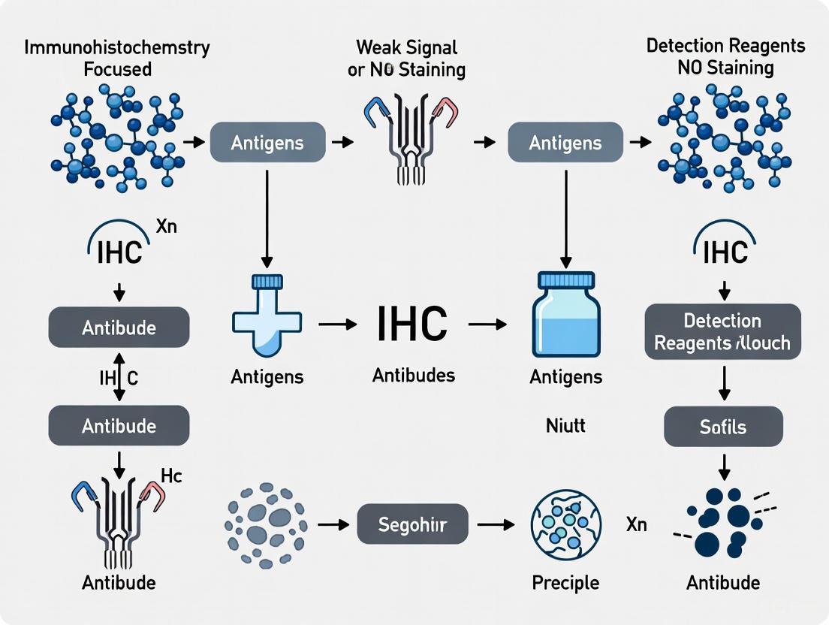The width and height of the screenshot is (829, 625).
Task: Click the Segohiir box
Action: click(412, 524)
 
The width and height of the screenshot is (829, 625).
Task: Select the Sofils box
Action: click(724, 427)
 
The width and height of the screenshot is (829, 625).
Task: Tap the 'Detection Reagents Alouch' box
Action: click(723, 332)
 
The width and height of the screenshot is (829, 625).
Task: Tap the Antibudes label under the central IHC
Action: click(414, 375)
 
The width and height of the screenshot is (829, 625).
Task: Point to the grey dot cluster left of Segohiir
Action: click(266, 524)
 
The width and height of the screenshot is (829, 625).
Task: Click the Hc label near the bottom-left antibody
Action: click(171, 476)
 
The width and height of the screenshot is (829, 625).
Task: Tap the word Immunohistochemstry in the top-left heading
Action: click(117, 47)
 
